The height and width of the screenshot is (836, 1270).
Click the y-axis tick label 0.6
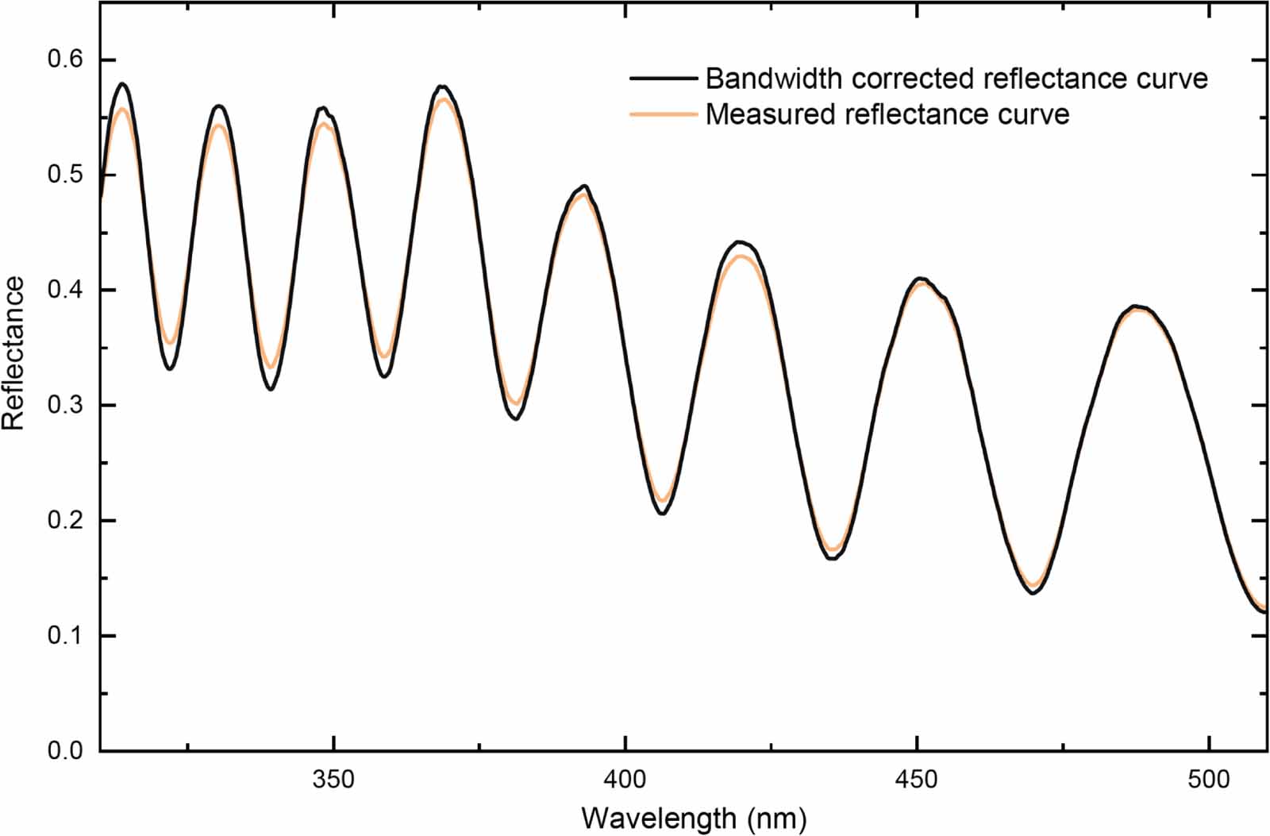65,60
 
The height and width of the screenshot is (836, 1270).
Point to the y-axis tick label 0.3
65,406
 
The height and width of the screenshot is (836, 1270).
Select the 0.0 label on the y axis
65,751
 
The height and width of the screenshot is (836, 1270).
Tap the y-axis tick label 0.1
65,636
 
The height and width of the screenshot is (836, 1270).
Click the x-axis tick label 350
333,780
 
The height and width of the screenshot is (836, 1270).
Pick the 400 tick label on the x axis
625,780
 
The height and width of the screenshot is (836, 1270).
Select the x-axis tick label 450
917,780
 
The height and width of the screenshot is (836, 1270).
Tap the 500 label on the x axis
1208,780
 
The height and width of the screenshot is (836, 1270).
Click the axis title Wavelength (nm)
694,817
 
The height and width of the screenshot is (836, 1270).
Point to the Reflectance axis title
14,353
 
